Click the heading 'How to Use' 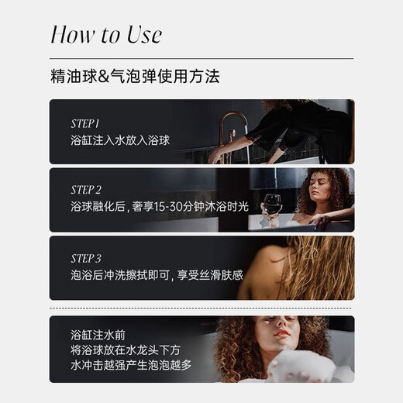coord(106,34)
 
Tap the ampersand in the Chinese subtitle coord(104,77)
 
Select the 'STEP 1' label coord(85,124)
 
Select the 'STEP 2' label coord(86,190)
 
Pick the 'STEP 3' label coord(86,259)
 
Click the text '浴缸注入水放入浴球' coord(120,140)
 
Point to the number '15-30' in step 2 coord(168,207)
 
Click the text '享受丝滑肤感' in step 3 coord(210,275)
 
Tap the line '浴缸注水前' coord(98,335)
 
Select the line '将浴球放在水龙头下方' coord(126,350)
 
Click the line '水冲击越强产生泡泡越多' coord(131,365)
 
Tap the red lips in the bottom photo coord(281,333)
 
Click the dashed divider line coord(201,308)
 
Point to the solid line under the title coord(201,58)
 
